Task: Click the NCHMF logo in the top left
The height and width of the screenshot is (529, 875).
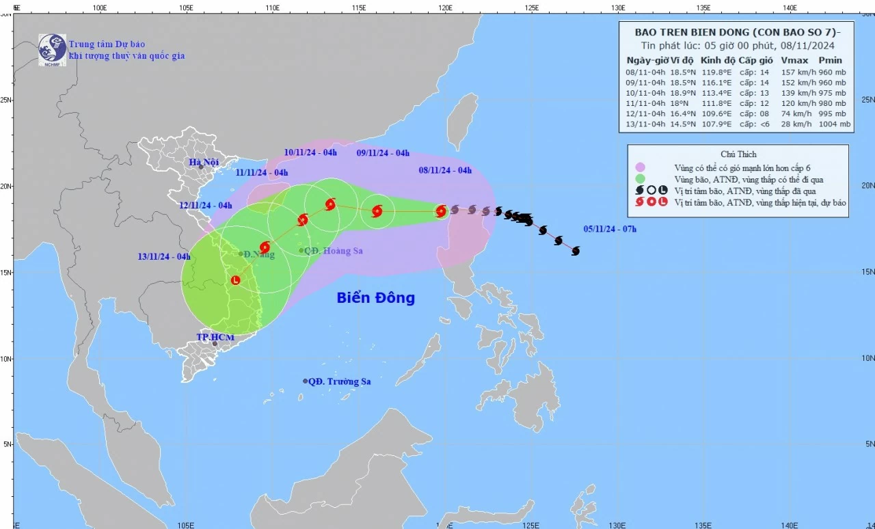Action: (53, 49)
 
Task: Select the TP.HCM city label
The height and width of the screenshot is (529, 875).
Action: (215, 338)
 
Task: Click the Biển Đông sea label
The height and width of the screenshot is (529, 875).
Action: (375, 298)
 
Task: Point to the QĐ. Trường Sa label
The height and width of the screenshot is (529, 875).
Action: (339, 381)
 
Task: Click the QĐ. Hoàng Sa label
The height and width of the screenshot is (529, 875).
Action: (334, 251)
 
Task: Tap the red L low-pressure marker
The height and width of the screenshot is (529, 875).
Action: (236, 280)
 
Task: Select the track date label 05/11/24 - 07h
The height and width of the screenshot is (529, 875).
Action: (610, 229)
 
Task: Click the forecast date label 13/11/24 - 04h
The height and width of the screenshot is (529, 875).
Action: (164, 257)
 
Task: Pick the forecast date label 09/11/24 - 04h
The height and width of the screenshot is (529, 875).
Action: (383, 153)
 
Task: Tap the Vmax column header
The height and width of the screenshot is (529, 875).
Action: (794, 60)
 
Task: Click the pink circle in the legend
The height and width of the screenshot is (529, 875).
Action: (641, 167)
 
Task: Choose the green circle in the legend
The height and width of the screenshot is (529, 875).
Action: (641, 179)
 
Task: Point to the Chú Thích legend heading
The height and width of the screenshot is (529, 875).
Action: (738, 154)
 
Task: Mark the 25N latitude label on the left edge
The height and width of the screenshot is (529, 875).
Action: (5, 100)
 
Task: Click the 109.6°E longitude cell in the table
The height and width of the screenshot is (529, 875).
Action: (716, 113)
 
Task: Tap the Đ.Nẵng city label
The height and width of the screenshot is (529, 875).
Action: (259, 254)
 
